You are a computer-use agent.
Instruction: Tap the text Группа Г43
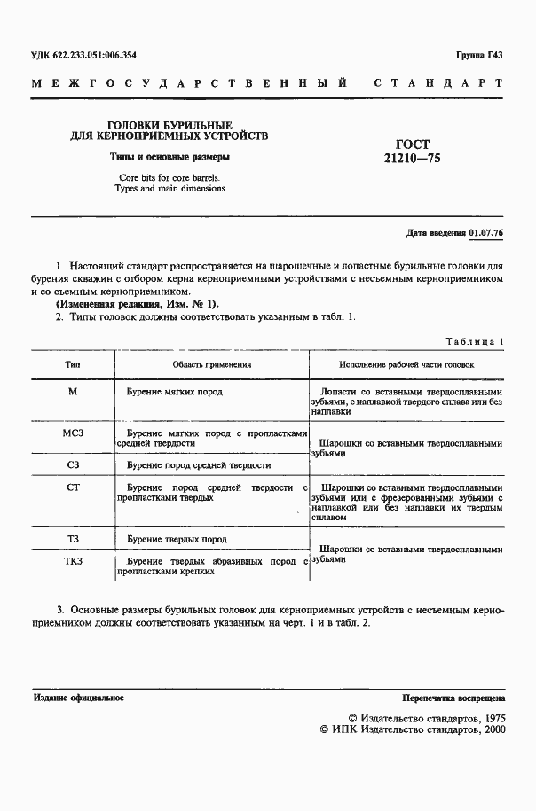tap(480, 55)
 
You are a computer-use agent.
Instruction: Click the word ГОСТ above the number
tap(411, 144)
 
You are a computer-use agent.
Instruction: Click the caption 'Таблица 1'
tap(477, 341)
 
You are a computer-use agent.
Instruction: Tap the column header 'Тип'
tap(73, 363)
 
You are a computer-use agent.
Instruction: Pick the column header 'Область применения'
tap(212, 363)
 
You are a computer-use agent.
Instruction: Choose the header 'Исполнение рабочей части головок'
tap(407, 363)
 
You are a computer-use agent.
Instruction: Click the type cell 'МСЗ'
tap(73, 433)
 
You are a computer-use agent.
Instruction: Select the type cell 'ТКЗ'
tap(73, 561)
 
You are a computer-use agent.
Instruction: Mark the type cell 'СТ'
tap(73, 487)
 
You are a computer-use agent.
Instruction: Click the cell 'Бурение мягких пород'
tap(174, 391)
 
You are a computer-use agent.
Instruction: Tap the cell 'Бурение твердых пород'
tap(177, 538)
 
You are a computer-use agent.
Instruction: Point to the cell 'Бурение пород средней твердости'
tap(198, 464)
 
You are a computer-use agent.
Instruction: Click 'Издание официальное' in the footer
tap(79, 698)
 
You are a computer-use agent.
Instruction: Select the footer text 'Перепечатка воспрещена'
tap(453, 698)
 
